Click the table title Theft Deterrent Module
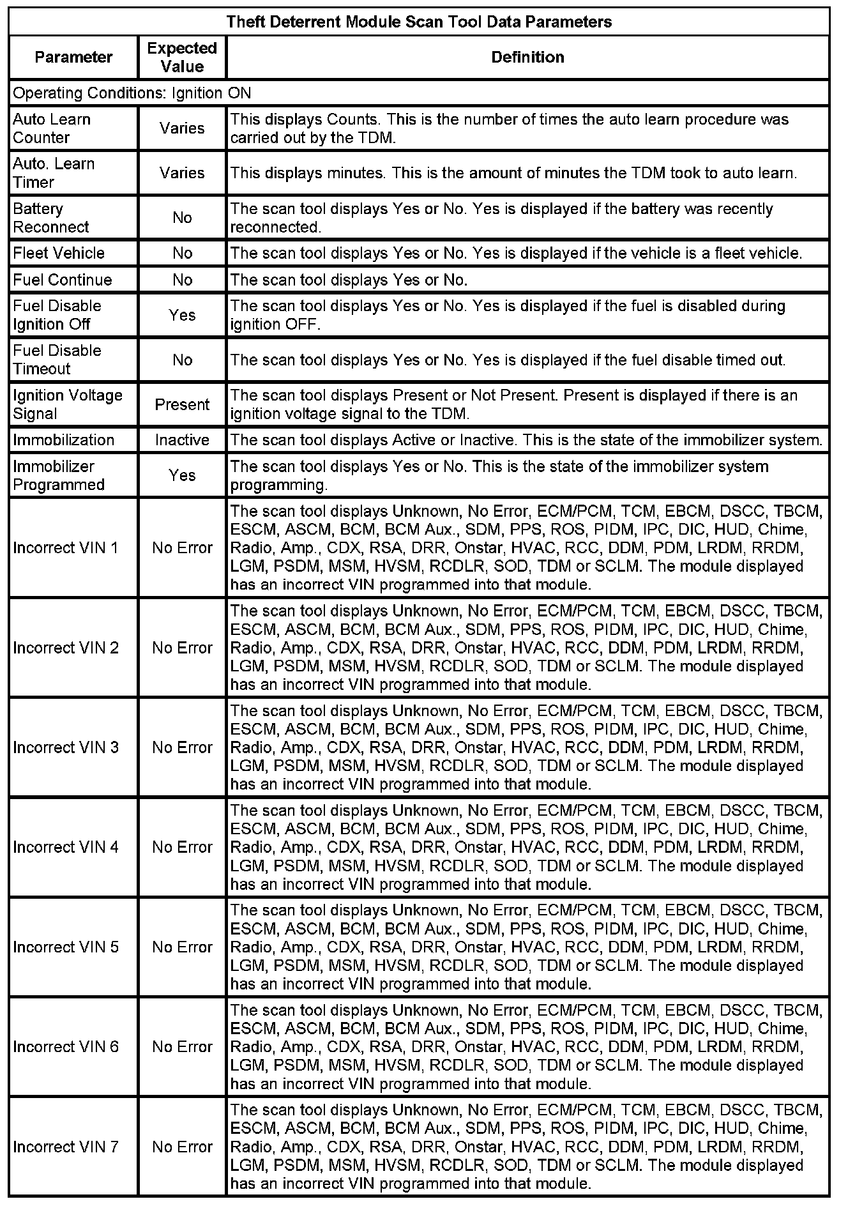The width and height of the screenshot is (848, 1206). point(419,22)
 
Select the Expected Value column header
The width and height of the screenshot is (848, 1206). point(182,57)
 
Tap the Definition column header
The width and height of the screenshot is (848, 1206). point(527,57)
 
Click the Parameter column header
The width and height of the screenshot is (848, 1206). point(73,57)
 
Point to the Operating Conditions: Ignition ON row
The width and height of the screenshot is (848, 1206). point(132,93)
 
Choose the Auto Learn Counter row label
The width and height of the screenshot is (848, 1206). point(52,128)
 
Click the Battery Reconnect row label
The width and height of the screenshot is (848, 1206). point(51,218)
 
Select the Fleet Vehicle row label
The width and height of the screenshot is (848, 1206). point(59,253)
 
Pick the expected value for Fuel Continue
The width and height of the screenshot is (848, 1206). point(182,280)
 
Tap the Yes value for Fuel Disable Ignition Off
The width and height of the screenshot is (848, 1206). point(182,315)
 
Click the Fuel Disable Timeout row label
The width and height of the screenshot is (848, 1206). point(57,360)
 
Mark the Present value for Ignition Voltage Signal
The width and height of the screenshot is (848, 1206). point(182,404)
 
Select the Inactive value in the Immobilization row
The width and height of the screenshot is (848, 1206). point(182,440)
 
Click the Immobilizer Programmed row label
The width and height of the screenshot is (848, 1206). point(59,475)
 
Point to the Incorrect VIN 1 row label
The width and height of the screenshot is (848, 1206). point(66,547)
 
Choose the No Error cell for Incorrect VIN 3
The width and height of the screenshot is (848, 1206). point(182,747)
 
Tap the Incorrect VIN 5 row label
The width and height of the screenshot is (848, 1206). point(66,947)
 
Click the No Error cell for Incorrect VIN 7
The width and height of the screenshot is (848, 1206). point(182,1147)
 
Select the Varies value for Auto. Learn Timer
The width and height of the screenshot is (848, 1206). point(182,173)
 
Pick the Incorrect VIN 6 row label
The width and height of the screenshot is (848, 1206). point(66,1047)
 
